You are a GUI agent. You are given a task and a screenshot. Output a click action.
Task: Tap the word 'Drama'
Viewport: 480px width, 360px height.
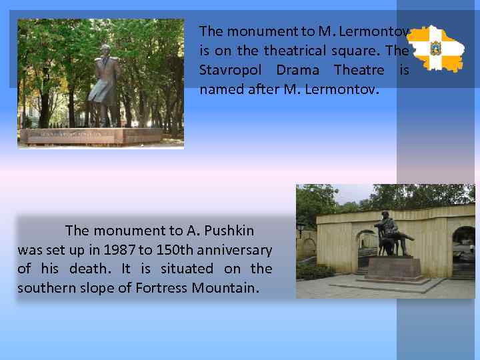298,70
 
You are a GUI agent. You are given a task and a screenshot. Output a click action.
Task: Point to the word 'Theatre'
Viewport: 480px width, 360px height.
359,70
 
